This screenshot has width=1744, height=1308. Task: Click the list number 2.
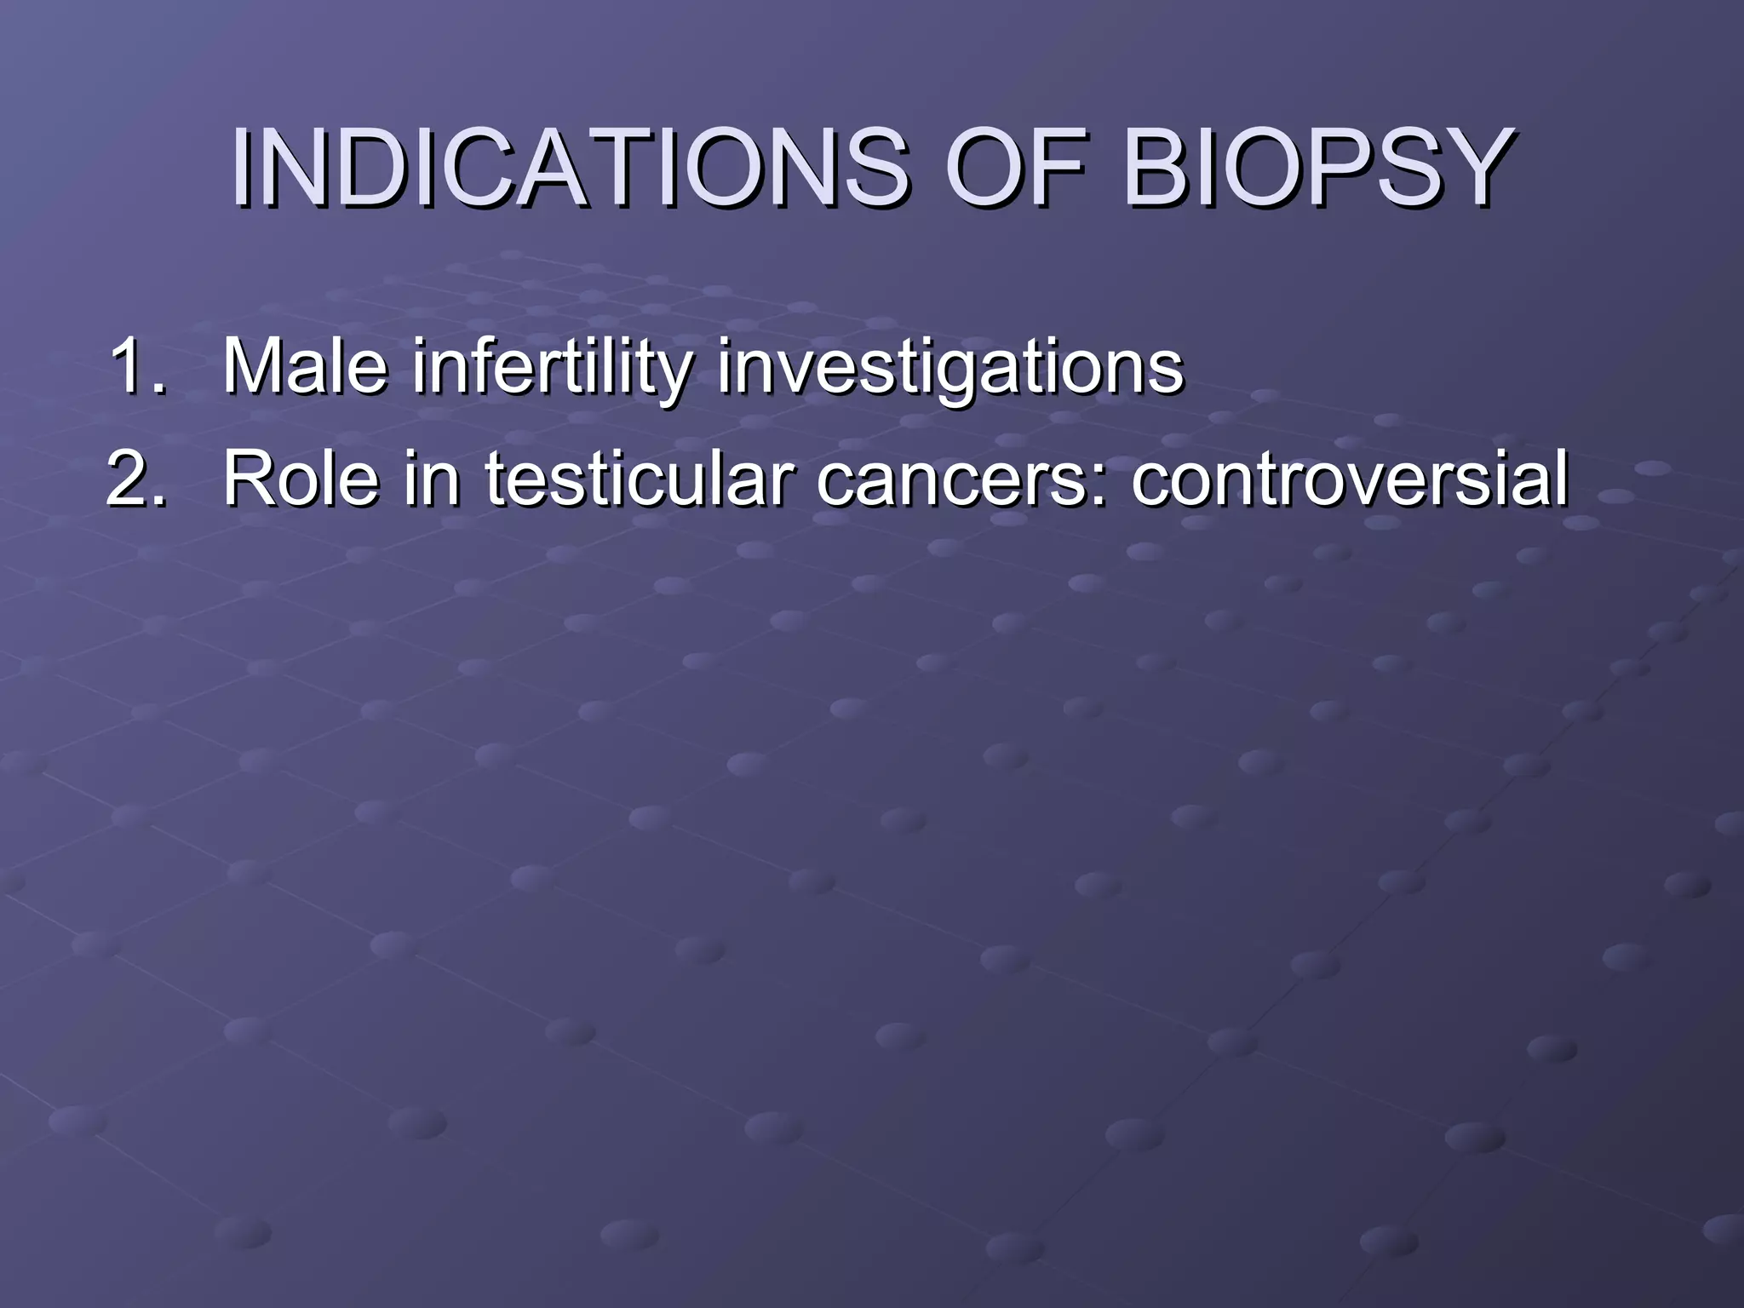tap(136, 479)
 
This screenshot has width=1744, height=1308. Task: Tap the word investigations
tap(949, 368)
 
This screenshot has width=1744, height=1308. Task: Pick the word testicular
tap(639, 479)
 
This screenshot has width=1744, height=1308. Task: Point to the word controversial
tap(1350, 479)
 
